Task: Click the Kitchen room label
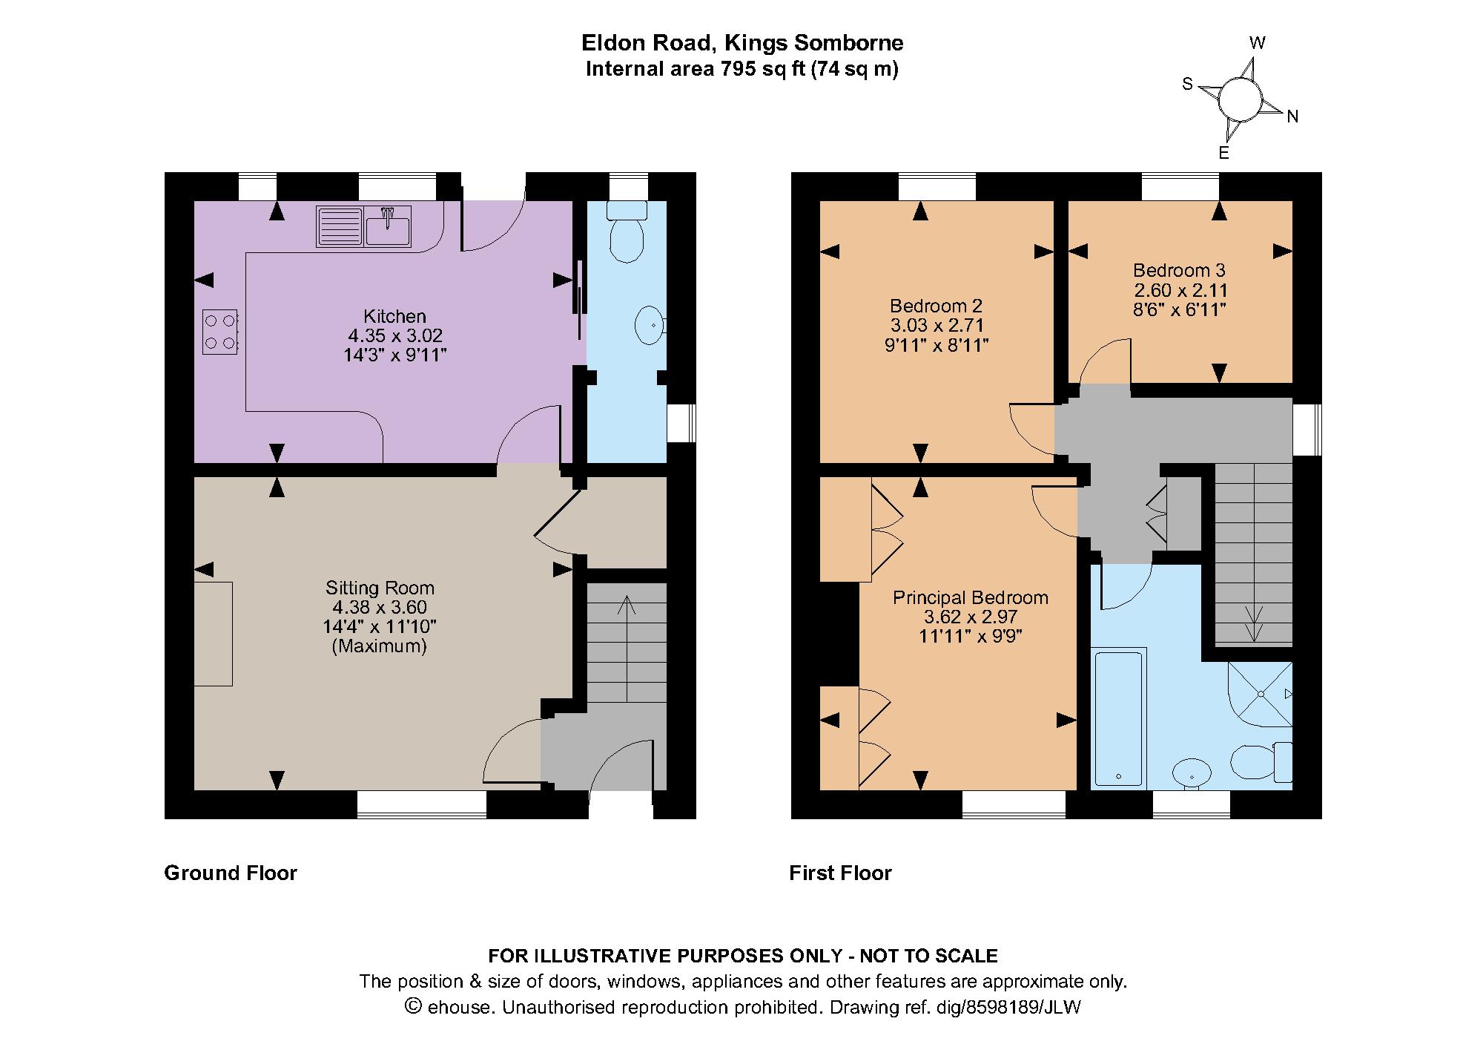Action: click(x=394, y=316)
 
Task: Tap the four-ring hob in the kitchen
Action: click(x=219, y=332)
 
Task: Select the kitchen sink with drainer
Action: click(x=364, y=226)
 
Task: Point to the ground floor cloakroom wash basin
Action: click(x=650, y=325)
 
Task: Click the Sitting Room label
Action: click(x=380, y=588)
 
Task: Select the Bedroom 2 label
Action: click(x=936, y=306)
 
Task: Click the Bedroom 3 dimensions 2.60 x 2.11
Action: click(x=1180, y=290)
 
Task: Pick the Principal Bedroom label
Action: click(x=970, y=597)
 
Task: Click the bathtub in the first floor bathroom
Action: click(x=1120, y=718)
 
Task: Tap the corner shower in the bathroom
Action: click(x=1261, y=694)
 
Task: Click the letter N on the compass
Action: click(x=1292, y=117)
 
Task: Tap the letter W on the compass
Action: click(x=1257, y=43)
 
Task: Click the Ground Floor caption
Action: click(x=231, y=873)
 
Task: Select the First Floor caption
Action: click(x=840, y=873)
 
